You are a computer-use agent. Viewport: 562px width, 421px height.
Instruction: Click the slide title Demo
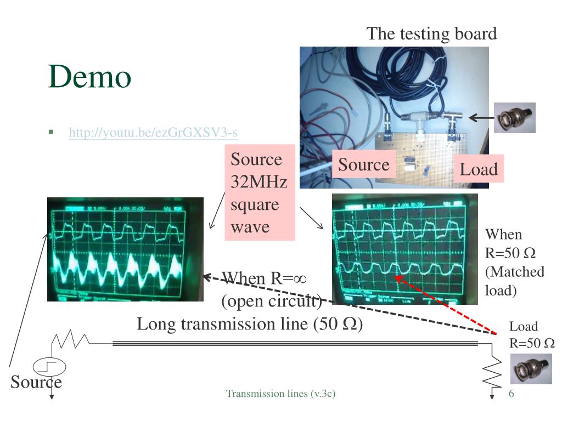89,76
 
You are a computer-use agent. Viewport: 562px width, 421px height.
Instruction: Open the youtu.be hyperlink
153,133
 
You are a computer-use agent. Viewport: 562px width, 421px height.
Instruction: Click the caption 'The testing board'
431,33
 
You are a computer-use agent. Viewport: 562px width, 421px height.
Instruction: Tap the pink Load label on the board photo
479,169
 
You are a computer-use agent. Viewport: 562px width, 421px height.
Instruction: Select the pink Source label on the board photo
363,164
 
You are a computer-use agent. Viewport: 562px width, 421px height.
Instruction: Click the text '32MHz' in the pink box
259,182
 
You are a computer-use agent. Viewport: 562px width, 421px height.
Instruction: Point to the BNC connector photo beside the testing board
514,117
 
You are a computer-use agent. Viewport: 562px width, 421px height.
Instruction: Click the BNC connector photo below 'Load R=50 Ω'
531,368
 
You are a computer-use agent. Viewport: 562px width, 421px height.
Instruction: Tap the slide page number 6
512,394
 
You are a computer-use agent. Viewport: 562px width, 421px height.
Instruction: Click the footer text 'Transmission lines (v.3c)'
281,394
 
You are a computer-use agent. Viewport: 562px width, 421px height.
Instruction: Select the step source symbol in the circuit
49,366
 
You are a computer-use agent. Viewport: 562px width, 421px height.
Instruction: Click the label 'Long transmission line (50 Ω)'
250,324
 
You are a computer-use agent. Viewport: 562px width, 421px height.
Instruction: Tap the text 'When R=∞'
264,278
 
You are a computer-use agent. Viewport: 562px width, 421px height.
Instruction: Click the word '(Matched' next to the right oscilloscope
514,272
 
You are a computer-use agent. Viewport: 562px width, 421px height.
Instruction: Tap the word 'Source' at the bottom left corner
36,382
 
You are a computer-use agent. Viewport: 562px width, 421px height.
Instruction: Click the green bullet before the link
51,132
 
